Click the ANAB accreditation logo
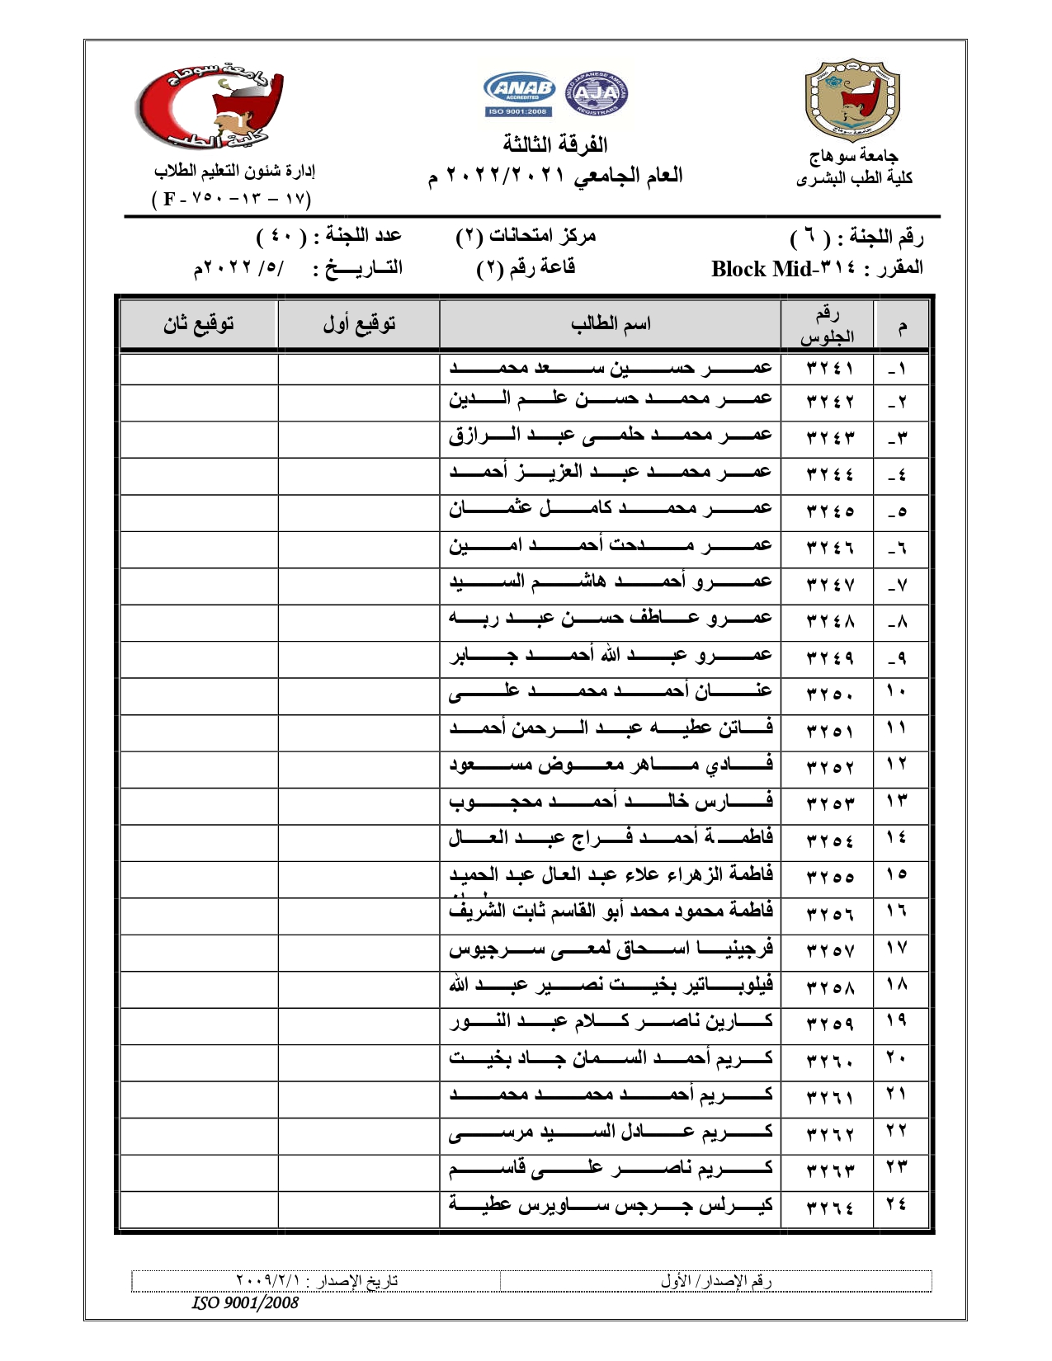tap(519, 94)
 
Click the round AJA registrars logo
tap(596, 93)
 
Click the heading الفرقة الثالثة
tap(555, 144)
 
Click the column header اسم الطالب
tap(611, 323)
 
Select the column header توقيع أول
tap(359, 323)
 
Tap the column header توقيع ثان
tap(198, 323)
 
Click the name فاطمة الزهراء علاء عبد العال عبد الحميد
tap(611, 874)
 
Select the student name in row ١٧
tap(611, 949)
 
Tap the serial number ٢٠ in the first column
tap(897, 1057)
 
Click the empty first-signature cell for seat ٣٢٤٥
tap(359, 511)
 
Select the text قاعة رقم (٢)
tap(526, 268)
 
